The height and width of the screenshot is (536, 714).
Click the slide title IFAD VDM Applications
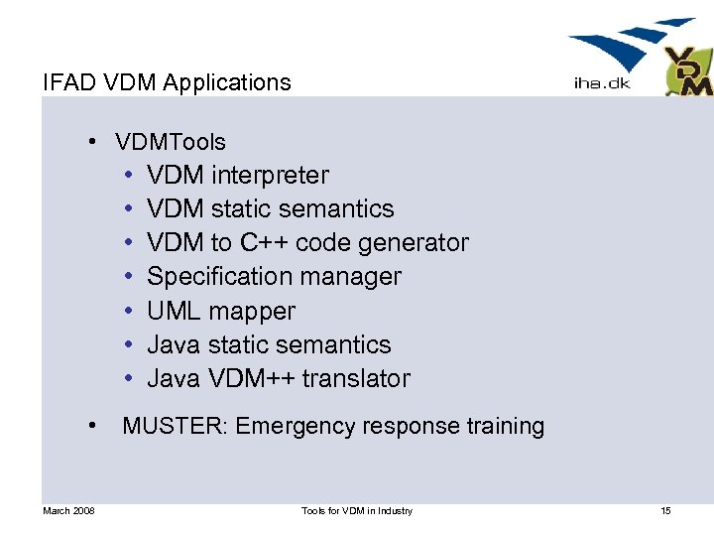pyautogui.click(x=167, y=82)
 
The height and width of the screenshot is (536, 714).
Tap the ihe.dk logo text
pyautogui.click(x=602, y=84)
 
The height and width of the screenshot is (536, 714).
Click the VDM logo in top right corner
pyautogui.click(x=687, y=70)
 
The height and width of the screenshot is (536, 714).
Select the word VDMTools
pyautogui.click(x=171, y=142)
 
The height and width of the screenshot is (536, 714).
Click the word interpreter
pyautogui.click(x=270, y=176)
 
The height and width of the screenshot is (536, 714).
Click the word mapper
pyautogui.click(x=253, y=312)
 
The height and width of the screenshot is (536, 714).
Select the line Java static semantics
pyautogui.click(x=269, y=345)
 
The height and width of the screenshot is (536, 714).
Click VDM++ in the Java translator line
pyautogui.click(x=249, y=379)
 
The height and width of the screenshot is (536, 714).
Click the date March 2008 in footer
pyautogui.click(x=68, y=510)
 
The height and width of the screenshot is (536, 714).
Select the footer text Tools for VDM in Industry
pyautogui.click(x=357, y=510)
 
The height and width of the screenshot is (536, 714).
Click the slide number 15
pyautogui.click(x=665, y=510)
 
